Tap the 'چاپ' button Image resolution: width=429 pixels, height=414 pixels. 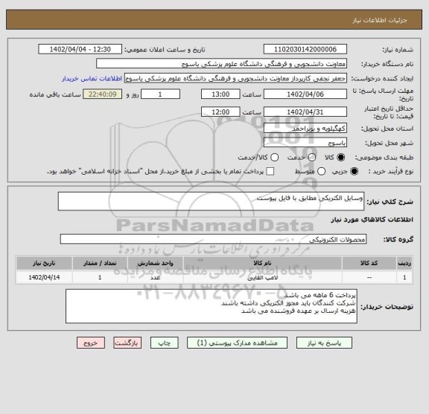(164, 343)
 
